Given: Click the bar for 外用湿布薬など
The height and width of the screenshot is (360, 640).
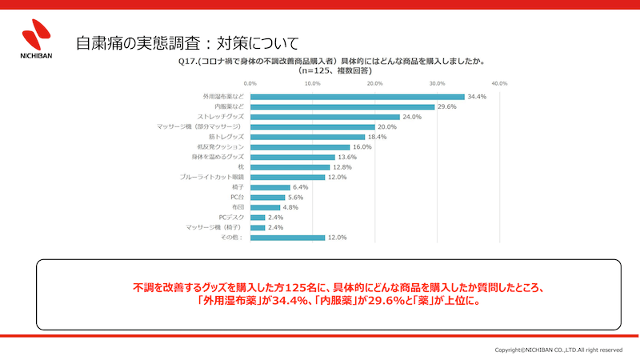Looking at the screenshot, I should [x=357, y=97].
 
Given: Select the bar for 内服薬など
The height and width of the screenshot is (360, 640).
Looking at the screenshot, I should [x=342, y=106].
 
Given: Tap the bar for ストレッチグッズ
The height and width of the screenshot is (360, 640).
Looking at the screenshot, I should [x=324, y=117].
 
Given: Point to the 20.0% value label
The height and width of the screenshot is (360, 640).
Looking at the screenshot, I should [x=387, y=126].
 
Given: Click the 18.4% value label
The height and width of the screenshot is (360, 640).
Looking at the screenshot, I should [x=377, y=137].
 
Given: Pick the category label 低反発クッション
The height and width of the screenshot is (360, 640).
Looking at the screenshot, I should [x=223, y=146].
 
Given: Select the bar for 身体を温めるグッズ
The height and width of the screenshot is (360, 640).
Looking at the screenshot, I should [x=292, y=157].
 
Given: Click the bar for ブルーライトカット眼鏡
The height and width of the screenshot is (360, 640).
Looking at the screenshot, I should [x=287, y=177].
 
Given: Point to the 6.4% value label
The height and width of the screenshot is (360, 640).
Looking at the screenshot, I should [x=301, y=187].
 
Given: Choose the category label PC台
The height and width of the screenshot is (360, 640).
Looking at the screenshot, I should [x=237, y=197].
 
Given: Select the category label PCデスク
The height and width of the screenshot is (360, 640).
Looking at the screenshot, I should [x=231, y=217].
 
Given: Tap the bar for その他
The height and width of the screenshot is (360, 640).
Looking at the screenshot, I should [x=287, y=237].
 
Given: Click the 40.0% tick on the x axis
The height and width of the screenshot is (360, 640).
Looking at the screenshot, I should [x=499, y=82].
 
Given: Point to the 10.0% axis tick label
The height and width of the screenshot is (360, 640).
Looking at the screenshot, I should [x=312, y=82].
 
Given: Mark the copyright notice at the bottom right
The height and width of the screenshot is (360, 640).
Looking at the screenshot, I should [x=558, y=350].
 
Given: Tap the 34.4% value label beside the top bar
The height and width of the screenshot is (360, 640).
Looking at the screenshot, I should [x=477, y=97].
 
